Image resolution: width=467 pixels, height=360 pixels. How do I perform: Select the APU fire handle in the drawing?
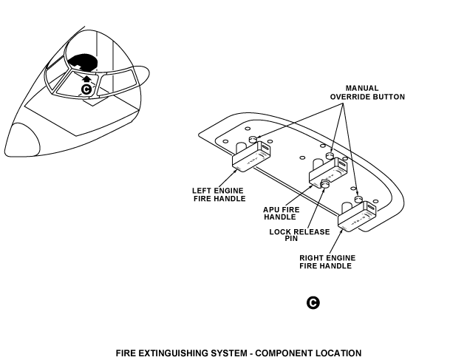coord(327,173)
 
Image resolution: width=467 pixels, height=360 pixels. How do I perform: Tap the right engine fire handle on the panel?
coord(358,216)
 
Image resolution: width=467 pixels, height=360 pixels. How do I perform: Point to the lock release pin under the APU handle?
coord(325,183)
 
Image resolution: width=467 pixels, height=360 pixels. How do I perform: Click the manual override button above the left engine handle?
coord(253,139)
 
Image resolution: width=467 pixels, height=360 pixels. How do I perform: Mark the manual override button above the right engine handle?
coord(358,200)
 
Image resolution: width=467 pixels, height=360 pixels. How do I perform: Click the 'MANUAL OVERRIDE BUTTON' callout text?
coord(367,92)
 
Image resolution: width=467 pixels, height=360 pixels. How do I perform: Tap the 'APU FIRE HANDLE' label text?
coord(281,213)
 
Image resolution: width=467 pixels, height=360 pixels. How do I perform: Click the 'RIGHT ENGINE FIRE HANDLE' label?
coord(327,262)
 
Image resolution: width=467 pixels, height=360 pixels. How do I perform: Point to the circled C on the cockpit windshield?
coord(86,89)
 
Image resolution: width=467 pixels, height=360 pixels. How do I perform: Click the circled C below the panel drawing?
coord(313,303)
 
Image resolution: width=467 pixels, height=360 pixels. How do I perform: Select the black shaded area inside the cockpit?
coord(83,64)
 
